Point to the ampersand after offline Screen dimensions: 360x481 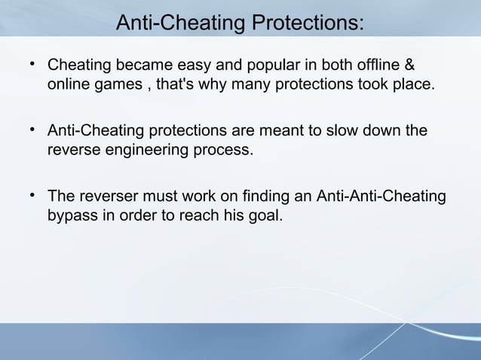409,65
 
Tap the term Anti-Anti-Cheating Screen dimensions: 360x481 381,198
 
